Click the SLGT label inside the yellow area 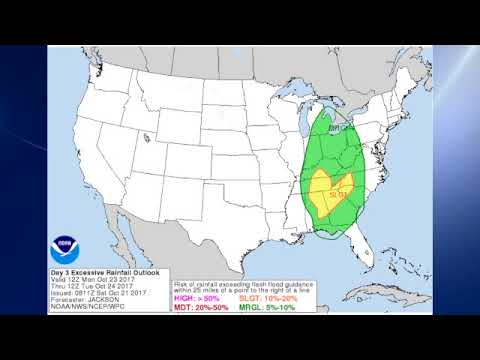[x=335, y=193]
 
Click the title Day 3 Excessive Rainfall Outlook [x=96, y=271]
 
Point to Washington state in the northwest [x=96, y=70]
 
